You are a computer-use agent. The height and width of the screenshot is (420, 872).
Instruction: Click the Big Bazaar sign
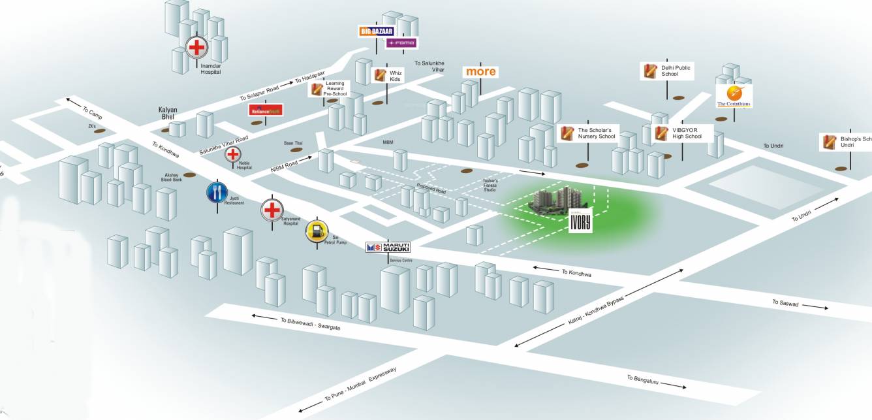tap(377, 31)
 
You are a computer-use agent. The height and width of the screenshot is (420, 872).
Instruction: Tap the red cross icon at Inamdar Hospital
tap(196, 47)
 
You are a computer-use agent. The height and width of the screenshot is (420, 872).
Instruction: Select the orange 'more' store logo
tap(480, 71)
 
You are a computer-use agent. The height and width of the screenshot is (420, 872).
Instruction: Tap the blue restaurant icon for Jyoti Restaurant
tap(217, 192)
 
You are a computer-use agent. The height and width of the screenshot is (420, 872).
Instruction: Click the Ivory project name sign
tap(579, 221)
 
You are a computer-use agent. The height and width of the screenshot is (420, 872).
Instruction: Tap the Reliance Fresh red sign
tap(266, 110)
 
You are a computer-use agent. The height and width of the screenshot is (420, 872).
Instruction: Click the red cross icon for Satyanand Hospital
tap(272, 210)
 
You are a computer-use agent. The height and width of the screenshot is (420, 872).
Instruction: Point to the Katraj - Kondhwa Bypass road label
tap(596, 313)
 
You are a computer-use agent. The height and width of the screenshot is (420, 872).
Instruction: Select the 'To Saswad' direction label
tap(785, 302)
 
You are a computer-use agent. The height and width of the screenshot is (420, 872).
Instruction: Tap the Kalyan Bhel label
tap(168, 114)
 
